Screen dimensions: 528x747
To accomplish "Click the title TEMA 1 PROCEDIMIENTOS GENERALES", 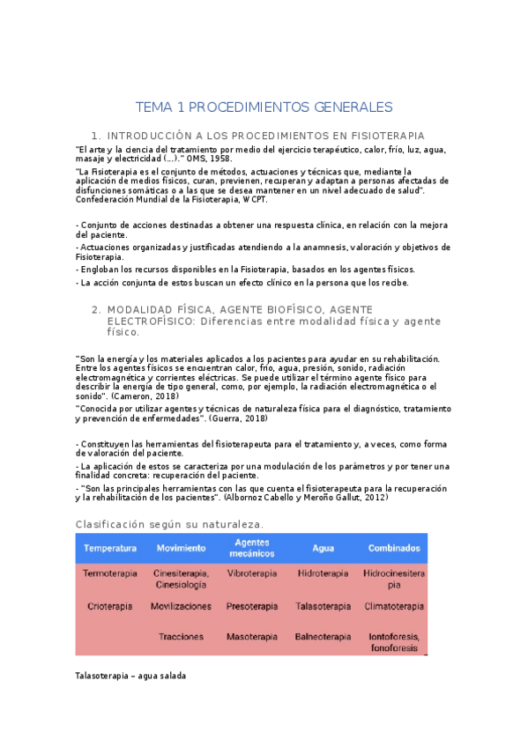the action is pyautogui.click(x=264, y=107).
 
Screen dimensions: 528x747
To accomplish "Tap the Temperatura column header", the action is pyautogui.click(x=110, y=548).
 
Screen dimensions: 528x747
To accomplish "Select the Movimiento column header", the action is pyautogui.click(x=181, y=548).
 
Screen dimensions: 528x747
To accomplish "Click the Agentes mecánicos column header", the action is pyautogui.click(x=252, y=548).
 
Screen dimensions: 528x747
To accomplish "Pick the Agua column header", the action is pyautogui.click(x=323, y=548).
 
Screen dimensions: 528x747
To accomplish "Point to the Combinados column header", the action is pyautogui.click(x=393, y=548).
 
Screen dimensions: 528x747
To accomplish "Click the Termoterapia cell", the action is pyautogui.click(x=110, y=573).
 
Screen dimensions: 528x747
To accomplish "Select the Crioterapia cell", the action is pyautogui.click(x=110, y=606).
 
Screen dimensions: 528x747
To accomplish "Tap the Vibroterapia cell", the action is pyautogui.click(x=252, y=573).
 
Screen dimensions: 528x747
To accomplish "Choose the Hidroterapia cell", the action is pyautogui.click(x=323, y=573).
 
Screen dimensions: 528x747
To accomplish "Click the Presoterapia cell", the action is pyautogui.click(x=252, y=606).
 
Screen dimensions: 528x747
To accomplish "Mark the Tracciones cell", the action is pyautogui.click(x=182, y=636).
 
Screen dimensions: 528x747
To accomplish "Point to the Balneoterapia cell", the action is pyautogui.click(x=323, y=636).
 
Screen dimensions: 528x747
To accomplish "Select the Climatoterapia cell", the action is pyautogui.click(x=393, y=606).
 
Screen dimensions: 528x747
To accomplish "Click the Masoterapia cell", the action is pyautogui.click(x=252, y=636).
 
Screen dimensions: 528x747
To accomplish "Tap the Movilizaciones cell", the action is pyautogui.click(x=181, y=606).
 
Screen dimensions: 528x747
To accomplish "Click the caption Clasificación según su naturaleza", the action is pyautogui.click(x=169, y=525).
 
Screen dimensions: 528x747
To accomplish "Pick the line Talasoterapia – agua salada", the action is pyautogui.click(x=131, y=676).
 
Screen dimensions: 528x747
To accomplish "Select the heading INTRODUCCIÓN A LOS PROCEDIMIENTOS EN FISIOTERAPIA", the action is pyautogui.click(x=265, y=136).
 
